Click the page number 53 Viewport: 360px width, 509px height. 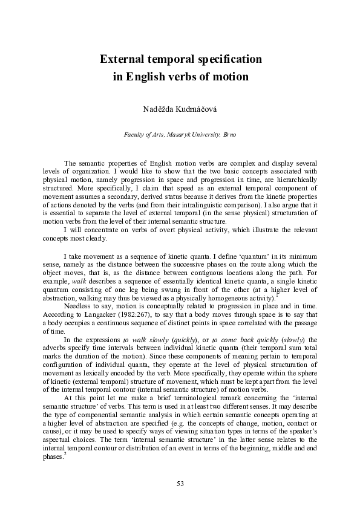tap(180, 483)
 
